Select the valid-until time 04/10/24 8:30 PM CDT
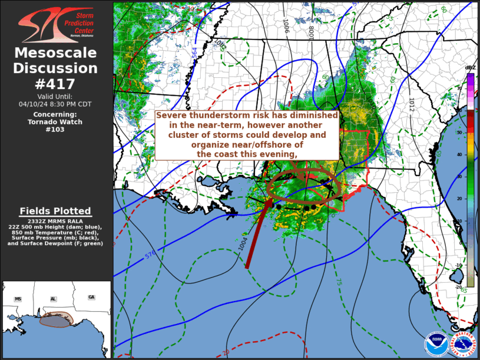[x=56, y=104]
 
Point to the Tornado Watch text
[x=56, y=122]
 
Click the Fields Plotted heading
[x=55, y=211]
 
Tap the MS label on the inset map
[x=18, y=299]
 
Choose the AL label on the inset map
[x=53, y=299]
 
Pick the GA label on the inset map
[x=91, y=297]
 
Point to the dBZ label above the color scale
[x=470, y=68]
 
